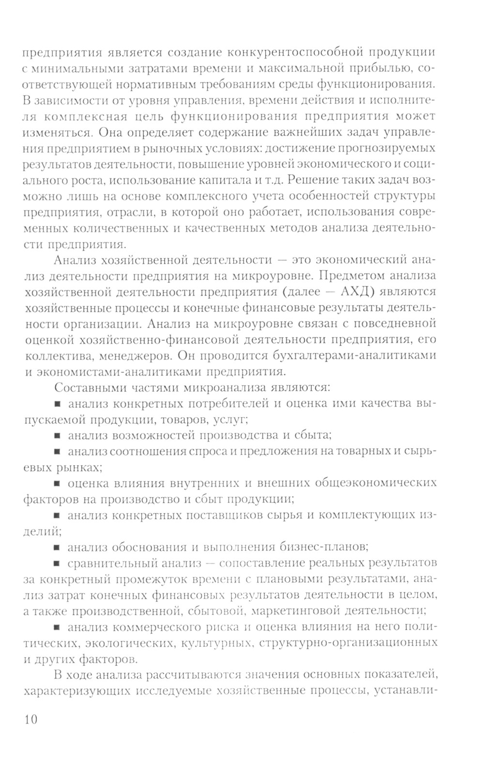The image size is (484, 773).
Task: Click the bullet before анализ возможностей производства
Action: coord(57,436)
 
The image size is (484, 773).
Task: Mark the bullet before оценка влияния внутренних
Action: coord(57,484)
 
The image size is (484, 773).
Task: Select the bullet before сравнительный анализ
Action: coord(57,563)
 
